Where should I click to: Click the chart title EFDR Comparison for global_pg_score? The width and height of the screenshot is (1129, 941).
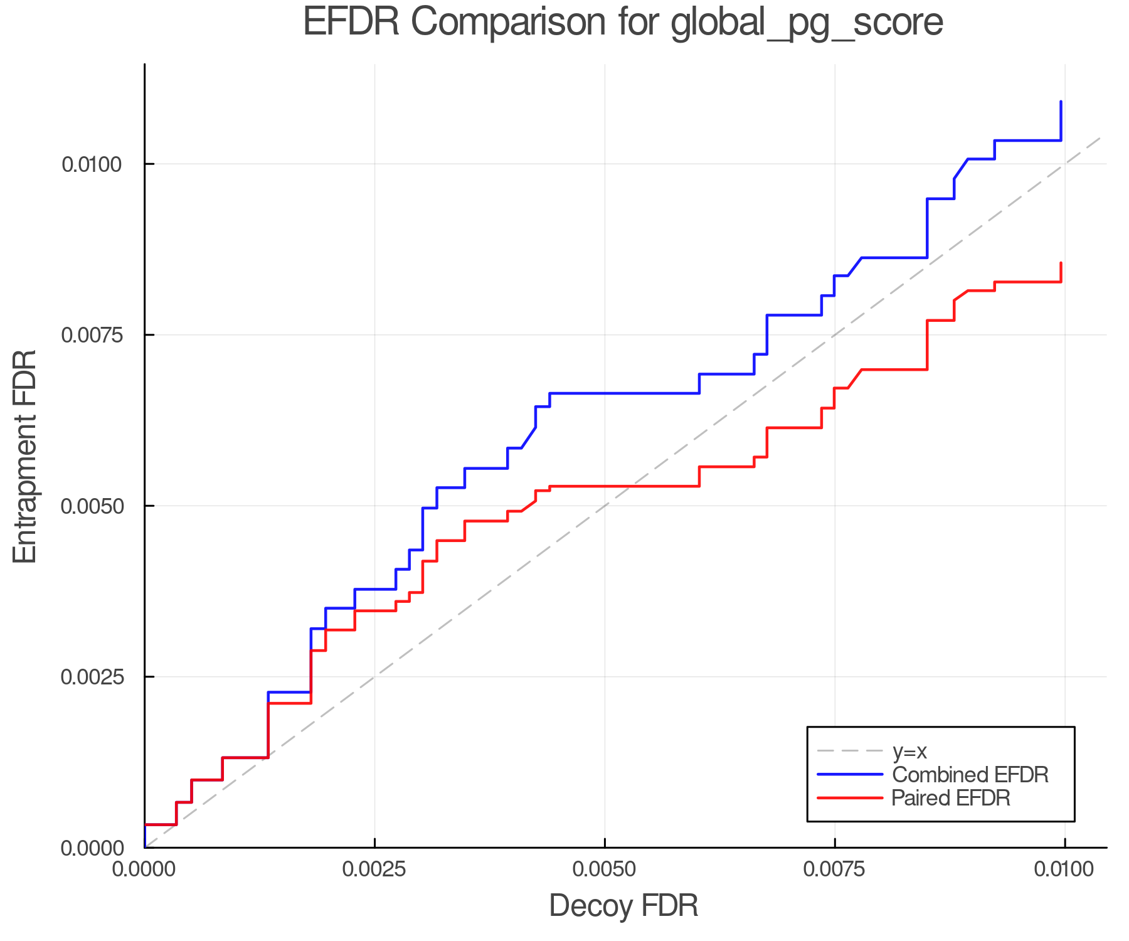[x=623, y=23]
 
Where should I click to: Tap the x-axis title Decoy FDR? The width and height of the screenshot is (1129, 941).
[x=623, y=906]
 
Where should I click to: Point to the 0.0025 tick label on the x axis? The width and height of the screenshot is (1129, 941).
[x=374, y=869]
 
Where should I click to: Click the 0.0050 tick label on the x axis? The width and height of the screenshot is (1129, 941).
[x=604, y=869]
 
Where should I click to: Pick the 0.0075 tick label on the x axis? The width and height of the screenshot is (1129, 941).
[x=834, y=869]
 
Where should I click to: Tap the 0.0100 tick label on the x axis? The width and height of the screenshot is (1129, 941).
[x=1064, y=869]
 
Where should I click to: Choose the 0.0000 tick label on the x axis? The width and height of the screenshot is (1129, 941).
[x=144, y=869]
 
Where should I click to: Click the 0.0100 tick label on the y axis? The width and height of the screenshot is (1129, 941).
[x=91, y=164]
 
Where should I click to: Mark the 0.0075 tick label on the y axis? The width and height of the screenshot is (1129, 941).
[x=91, y=335]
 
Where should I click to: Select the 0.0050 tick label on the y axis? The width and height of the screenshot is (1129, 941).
[x=91, y=506]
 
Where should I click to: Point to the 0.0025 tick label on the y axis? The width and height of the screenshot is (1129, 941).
[x=91, y=677]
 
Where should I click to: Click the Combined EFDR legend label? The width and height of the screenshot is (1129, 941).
[x=970, y=775]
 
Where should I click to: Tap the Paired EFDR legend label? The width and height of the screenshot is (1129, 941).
[x=951, y=798]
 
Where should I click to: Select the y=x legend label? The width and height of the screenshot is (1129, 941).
[x=909, y=751]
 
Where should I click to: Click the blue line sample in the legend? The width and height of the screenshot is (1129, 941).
[x=850, y=775]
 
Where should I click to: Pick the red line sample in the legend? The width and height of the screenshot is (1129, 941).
[x=850, y=798]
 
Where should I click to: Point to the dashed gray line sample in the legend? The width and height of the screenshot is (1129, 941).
[x=850, y=751]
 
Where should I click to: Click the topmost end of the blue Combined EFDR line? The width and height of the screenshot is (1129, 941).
[x=1061, y=101]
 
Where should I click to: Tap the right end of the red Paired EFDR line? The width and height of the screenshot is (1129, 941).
[x=1061, y=263]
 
